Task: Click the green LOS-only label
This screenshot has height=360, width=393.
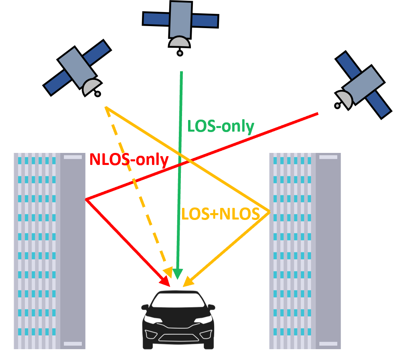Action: point(221,127)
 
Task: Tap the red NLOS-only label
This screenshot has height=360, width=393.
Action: point(129,160)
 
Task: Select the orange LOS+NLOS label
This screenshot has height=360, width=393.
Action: point(220,214)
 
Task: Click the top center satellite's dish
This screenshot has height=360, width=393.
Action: point(179,42)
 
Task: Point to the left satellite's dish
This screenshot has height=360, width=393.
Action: point(91,86)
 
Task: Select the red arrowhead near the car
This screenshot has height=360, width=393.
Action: point(166,279)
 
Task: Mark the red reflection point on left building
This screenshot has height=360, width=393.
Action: point(86,199)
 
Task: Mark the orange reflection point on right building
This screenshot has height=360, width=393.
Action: point(269,212)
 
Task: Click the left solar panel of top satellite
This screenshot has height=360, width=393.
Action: point(156,18)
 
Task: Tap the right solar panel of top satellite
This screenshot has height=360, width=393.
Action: point(205,21)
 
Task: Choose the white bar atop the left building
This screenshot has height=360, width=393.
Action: point(73,157)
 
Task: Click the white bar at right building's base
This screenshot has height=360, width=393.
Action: point(328,344)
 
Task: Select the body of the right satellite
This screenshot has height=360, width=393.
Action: point(363,84)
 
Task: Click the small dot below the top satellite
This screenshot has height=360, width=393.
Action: point(180,53)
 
